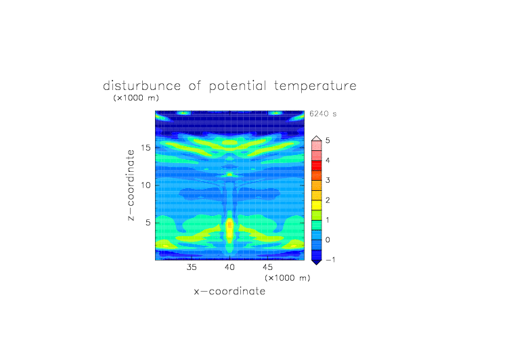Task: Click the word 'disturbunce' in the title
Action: pos(142,86)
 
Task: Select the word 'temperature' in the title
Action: pos(315,87)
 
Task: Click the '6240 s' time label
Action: pos(323,114)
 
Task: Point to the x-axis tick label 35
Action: pos(192,267)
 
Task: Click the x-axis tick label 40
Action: pos(230,267)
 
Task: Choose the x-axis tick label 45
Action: pos(268,267)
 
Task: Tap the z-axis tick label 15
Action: pos(146,148)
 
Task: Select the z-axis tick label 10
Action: pos(146,185)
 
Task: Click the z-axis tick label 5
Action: pos(148,223)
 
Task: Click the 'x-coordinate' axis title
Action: pos(230,291)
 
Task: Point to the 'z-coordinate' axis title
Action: pos(131,185)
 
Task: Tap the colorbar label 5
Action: pos(328,141)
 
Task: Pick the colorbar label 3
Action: pos(328,180)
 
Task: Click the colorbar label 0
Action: pos(328,240)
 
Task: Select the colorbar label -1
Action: pos(330,260)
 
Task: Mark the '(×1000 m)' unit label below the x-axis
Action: pos(287,278)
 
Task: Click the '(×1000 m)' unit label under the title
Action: pos(136,98)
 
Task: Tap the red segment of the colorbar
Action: pos(317,166)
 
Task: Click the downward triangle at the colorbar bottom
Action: pos(317,262)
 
